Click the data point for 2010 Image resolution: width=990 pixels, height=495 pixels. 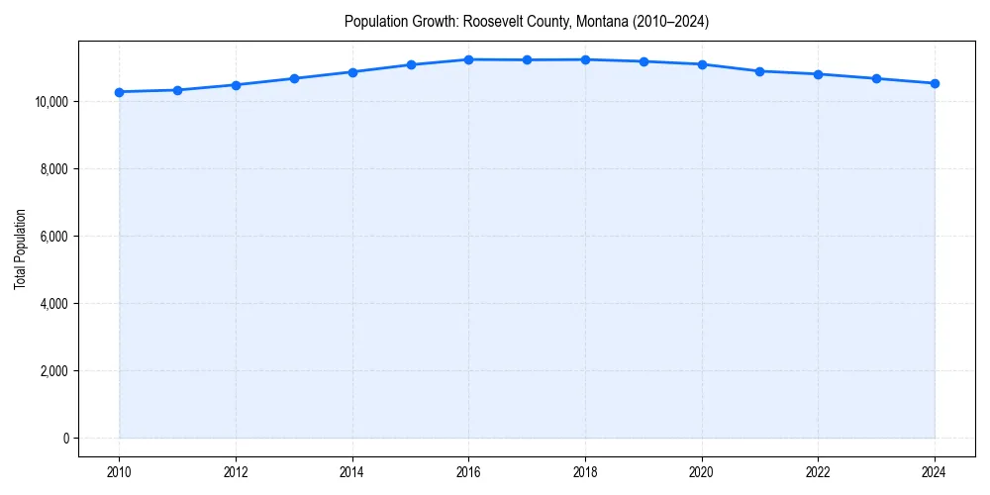coord(119,92)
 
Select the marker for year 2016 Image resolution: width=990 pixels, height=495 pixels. coord(468,59)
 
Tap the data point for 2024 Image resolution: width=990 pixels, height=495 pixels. coord(935,83)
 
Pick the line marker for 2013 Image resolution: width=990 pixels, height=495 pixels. coord(294,78)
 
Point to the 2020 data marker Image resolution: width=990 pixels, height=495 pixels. coord(702,64)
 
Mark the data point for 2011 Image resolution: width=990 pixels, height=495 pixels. coord(177,90)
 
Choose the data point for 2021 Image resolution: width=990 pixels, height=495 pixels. coord(759,71)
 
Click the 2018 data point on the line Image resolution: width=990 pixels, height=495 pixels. coord(585,59)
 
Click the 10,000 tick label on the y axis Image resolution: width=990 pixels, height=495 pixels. coord(50,102)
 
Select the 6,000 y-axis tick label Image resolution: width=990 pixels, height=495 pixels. coord(53,237)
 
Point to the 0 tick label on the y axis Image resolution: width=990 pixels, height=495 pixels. coord(64,439)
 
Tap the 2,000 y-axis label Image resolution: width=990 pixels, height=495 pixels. coord(53,371)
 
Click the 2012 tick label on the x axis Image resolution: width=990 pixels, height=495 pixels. coord(236,472)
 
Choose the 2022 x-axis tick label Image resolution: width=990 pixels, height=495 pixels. coord(818,472)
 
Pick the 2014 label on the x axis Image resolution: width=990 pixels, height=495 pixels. coord(352,472)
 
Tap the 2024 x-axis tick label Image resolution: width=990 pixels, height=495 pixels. coord(935,472)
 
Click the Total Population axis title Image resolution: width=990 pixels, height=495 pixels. coord(20,249)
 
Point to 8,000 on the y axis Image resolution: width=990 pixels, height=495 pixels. coord(53,169)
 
